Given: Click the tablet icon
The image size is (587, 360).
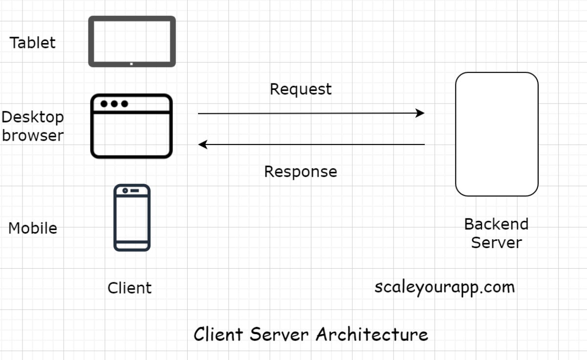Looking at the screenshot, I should click(x=131, y=42).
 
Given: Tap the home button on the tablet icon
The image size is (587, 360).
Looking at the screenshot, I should click(x=131, y=64).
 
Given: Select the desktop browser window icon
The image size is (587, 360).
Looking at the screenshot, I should click(x=131, y=126).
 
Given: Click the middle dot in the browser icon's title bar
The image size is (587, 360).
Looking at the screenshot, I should click(x=114, y=104).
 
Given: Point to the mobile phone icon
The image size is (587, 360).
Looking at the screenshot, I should click(x=132, y=217).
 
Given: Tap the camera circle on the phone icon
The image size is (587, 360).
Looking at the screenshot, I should click(x=126, y=190).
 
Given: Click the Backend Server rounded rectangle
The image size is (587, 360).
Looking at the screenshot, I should click(x=497, y=134).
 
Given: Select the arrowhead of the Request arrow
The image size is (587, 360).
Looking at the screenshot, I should click(x=420, y=113).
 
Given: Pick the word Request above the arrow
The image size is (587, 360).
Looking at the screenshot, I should click(x=301, y=89).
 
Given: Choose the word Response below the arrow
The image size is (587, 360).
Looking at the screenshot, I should click(x=301, y=171).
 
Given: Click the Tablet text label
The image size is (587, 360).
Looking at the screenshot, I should click(x=33, y=42).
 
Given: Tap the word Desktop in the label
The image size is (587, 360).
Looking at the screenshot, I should click(x=33, y=117).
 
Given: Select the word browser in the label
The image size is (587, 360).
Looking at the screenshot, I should click(x=33, y=135).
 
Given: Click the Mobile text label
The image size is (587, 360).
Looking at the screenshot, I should click(x=33, y=228).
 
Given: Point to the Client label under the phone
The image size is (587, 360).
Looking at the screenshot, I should click(x=130, y=288).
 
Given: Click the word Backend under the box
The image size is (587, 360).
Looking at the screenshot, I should click(x=496, y=224).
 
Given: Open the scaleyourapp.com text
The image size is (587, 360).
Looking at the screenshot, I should click(x=444, y=287).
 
